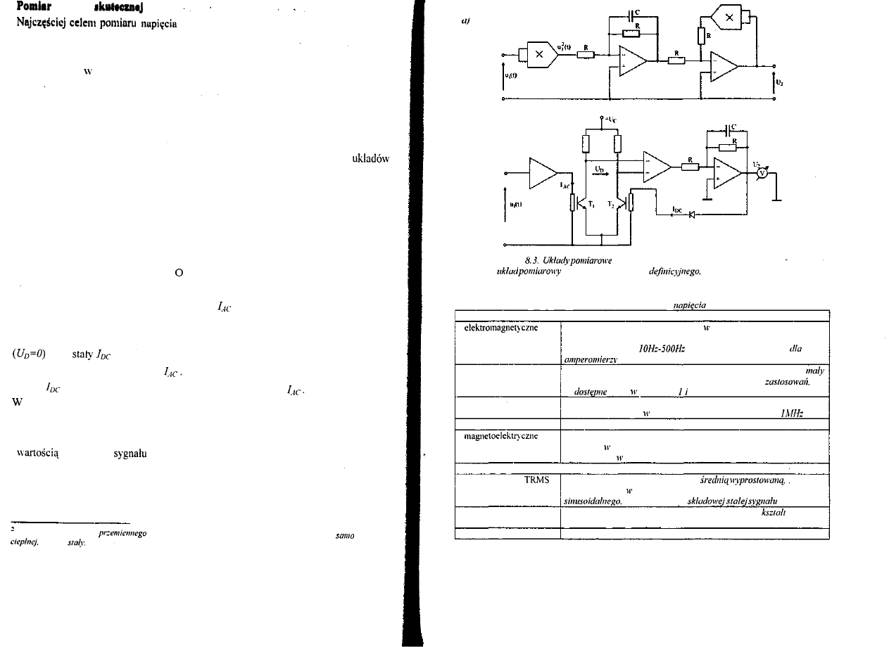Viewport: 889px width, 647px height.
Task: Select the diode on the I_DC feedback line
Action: [691, 216]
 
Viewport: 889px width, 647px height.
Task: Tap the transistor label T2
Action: [612, 203]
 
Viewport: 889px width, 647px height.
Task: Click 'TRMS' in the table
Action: [536, 481]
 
